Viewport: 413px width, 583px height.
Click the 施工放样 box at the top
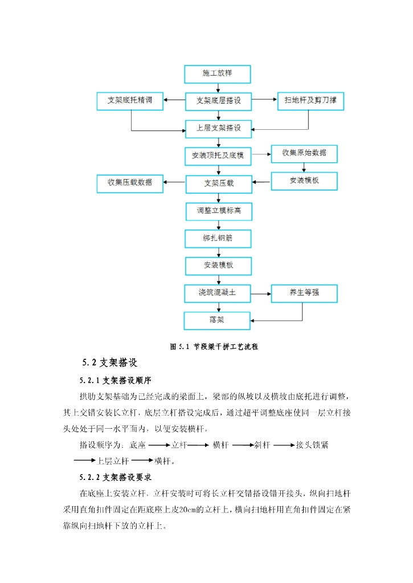pos(218,73)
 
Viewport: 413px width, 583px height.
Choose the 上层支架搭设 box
pos(218,128)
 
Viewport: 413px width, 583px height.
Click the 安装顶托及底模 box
pos(218,155)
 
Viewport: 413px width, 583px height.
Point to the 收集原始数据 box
pos(304,153)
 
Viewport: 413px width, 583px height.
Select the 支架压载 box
pos(218,183)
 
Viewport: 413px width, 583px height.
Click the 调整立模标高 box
pos(218,211)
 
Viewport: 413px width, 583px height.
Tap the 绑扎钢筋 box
pos(218,238)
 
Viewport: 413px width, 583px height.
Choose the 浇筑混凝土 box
pos(218,293)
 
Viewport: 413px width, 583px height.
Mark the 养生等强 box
pos(304,294)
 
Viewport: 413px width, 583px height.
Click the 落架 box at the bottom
pos(217,320)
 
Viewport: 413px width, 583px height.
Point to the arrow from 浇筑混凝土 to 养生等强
pos(261,294)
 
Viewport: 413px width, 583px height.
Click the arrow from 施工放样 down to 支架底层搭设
pos(218,87)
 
